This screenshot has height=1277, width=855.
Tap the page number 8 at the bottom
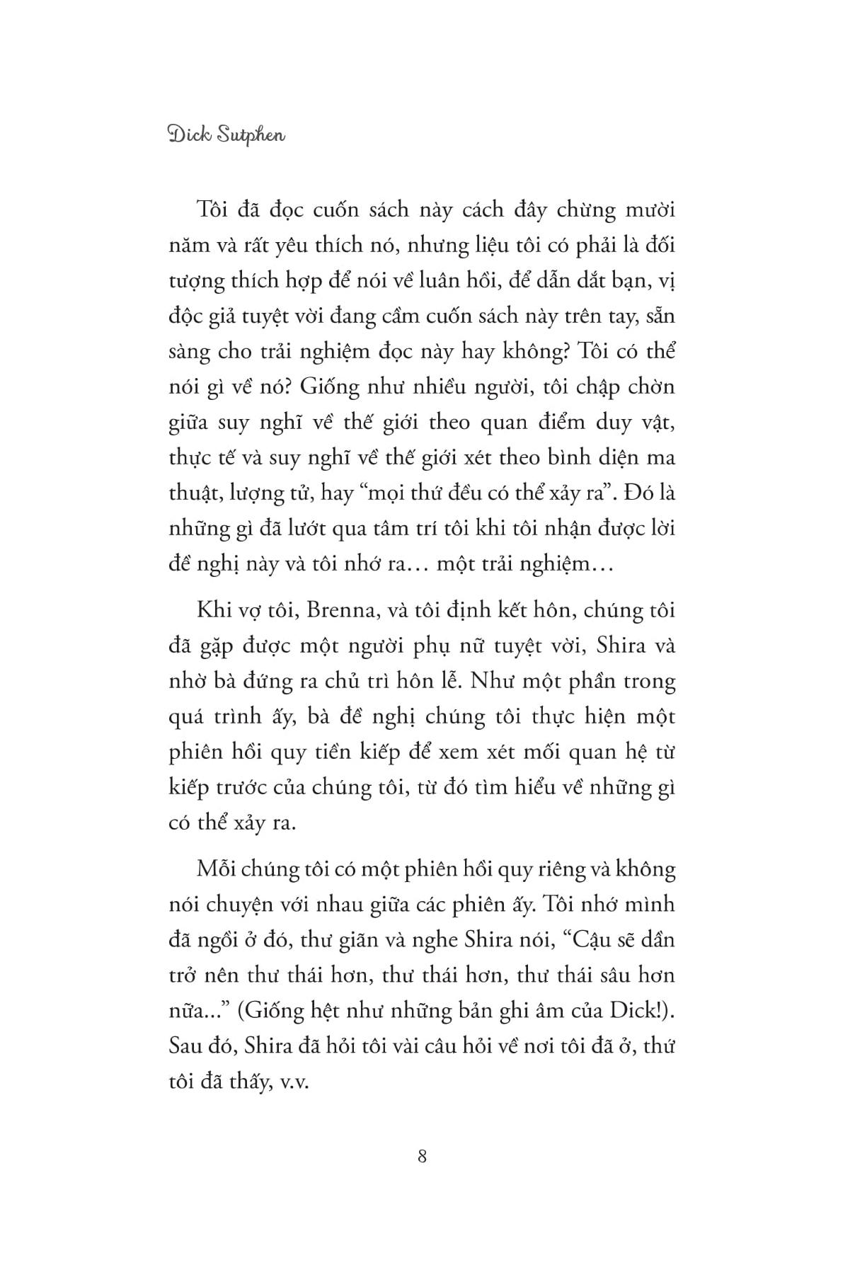[x=423, y=1157]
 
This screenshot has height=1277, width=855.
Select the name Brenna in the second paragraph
[x=334, y=610]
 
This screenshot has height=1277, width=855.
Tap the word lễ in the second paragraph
[x=440, y=681]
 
